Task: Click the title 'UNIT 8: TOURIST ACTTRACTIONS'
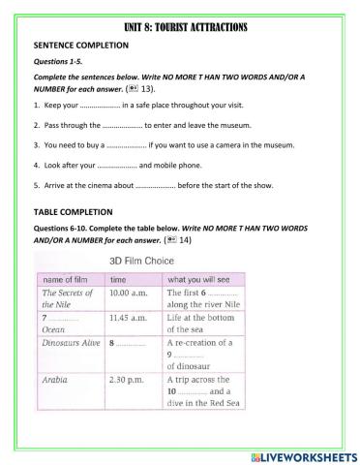coord(180,27)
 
